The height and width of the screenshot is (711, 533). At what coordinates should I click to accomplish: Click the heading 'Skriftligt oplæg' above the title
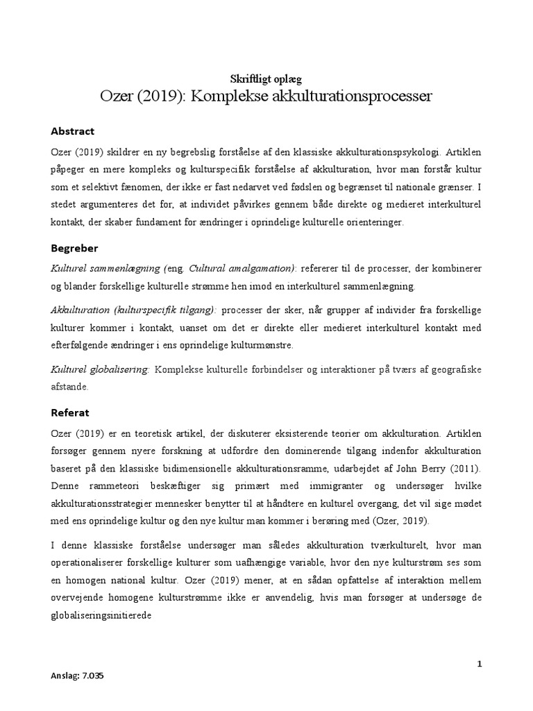pos(266,79)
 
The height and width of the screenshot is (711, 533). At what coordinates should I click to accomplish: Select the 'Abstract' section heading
pos(73,131)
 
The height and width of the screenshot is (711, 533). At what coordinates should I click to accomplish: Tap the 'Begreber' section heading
pos(75,247)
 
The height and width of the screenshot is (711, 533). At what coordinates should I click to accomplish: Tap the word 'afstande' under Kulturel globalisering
pos(69,388)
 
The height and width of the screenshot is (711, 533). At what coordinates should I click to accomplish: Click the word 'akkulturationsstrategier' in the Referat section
pos(101,503)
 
